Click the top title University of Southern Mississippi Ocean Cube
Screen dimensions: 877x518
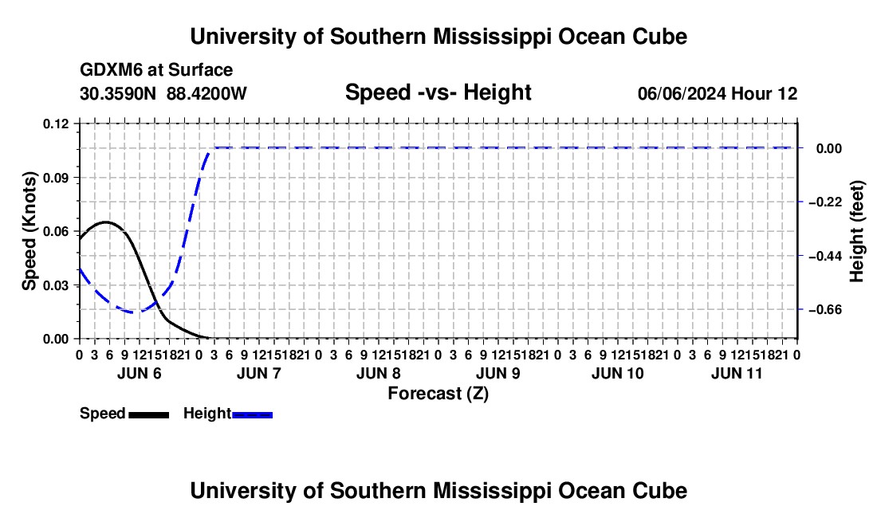pos(438,37)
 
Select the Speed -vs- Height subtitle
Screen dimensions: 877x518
pos(438,92)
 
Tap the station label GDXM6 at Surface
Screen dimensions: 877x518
pos(156,70)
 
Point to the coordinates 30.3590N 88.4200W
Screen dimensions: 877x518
pos(163,93)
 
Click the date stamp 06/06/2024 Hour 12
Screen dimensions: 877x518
pos(718,93)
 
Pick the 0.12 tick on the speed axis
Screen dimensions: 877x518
pos(56,124)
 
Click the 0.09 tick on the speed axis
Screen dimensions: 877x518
pos(56,178)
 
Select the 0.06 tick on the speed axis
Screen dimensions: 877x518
pos(56,231)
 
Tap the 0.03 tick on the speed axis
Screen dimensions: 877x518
pos(56,285)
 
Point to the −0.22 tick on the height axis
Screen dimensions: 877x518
pos(825,202)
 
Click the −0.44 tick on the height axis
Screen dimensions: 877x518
pos(825,256)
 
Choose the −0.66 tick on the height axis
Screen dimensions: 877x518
pos(825,309)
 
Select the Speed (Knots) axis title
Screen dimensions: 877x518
pos(29,231)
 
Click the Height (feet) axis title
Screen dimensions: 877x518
pos(856,231)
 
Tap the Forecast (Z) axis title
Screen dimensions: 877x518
pos(438,394)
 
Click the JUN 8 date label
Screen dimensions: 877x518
pos(379,373)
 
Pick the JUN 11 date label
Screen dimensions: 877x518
pos(737,373)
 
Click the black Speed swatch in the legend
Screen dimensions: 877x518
pos(149,414)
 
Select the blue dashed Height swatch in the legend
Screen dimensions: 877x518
pos(252,414)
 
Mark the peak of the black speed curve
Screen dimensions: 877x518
pos(106,222)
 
